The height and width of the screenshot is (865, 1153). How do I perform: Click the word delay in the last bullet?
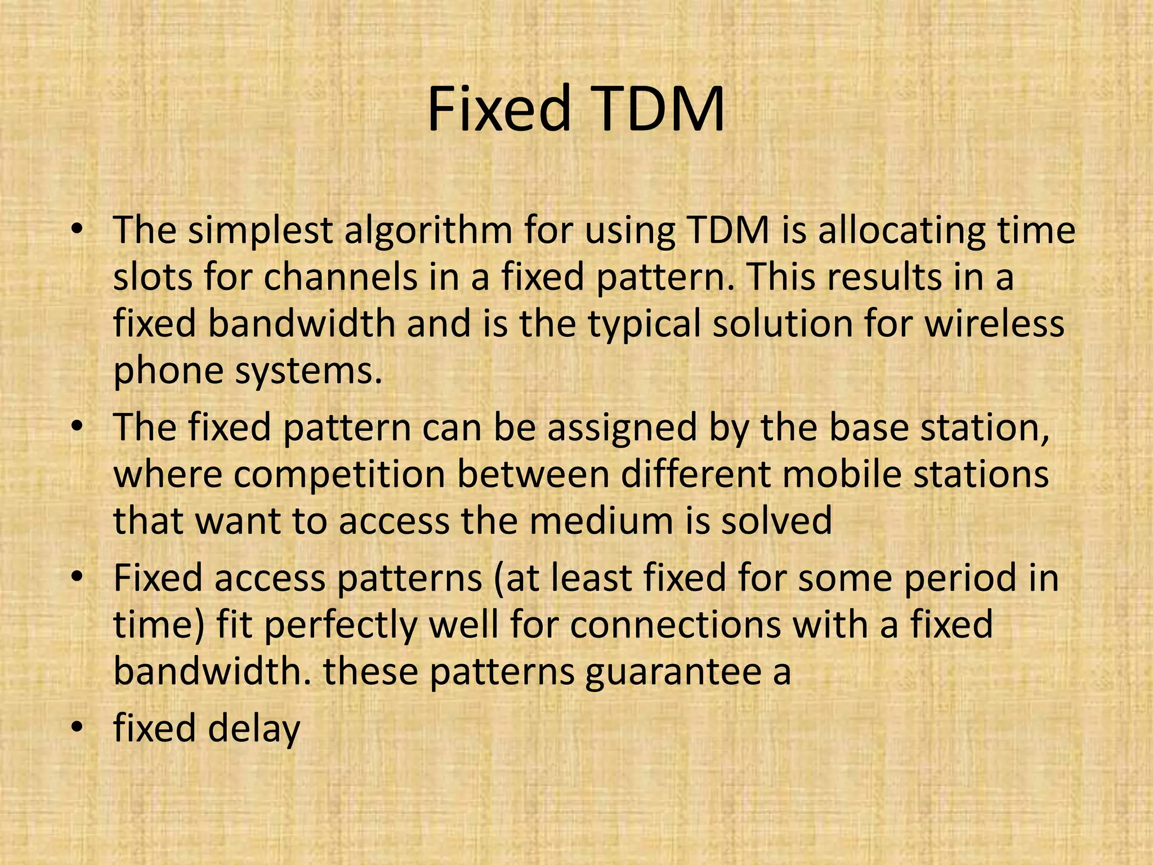click(254, 729)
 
